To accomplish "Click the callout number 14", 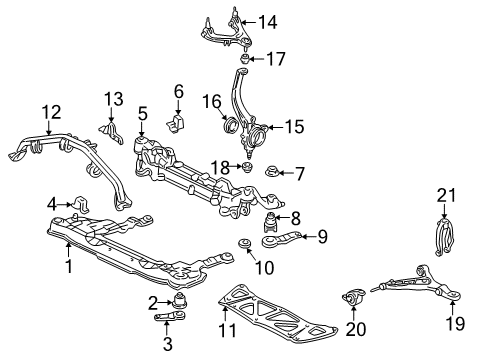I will click(x=267, y=22).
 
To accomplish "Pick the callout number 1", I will click(x=68, y=267).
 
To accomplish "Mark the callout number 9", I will click(x=321, y=237).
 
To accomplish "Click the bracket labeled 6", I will click(x=179, y=123).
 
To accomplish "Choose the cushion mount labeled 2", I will click(x=180, y=300).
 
